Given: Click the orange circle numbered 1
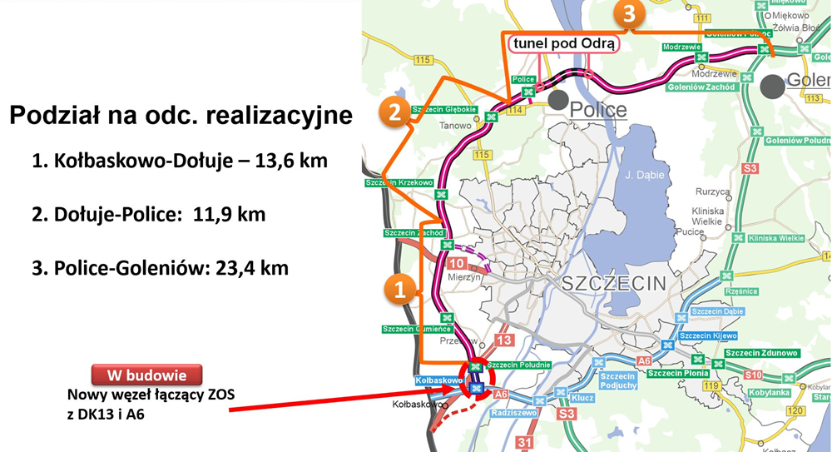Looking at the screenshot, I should pos(399,290).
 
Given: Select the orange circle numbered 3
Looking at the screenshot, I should pos(629,14).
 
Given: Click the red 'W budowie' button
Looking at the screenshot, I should pos(146,374).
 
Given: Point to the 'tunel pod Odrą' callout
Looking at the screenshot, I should pos(564,43).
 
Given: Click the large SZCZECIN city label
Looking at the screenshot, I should pos(614,283).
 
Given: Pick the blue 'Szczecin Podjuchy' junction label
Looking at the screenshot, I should pos(618,380).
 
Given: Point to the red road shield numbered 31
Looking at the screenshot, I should pos(525,442).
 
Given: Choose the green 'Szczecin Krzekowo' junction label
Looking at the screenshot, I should pos(399,182).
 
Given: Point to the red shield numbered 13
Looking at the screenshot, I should pos(503,340).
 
